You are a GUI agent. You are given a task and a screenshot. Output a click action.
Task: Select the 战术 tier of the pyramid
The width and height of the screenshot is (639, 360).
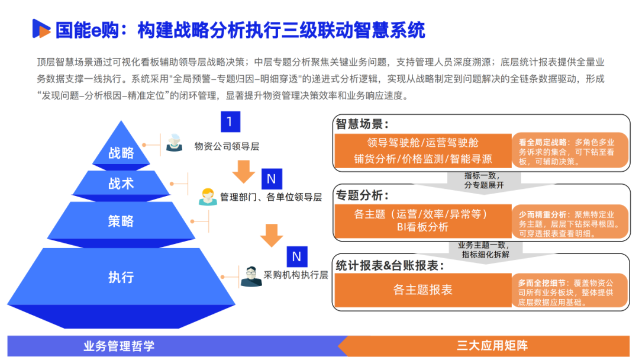[121, 184]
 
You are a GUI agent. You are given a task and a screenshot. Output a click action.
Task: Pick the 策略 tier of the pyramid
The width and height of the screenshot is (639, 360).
[121, 221]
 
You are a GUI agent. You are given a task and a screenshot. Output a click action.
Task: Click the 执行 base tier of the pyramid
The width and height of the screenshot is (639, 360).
[121, 277]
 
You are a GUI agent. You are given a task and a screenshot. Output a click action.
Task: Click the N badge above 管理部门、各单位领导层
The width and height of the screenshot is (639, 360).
[271, 178]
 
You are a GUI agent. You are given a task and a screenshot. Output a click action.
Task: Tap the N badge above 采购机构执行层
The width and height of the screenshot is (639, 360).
[296, 256]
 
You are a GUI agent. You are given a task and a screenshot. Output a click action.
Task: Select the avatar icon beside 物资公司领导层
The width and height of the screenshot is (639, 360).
[174, 143]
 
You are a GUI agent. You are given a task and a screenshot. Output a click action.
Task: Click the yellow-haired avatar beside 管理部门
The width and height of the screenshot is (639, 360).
[207, 196]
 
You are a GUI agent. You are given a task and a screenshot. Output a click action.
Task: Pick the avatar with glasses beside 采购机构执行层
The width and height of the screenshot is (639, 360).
[251, 275]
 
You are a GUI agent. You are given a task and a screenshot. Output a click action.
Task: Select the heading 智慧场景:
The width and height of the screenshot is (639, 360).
[362, 124]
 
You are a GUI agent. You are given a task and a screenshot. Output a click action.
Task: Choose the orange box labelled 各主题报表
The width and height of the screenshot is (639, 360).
[422, 290]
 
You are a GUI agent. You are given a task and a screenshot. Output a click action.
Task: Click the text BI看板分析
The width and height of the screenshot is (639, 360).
[422, 227]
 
